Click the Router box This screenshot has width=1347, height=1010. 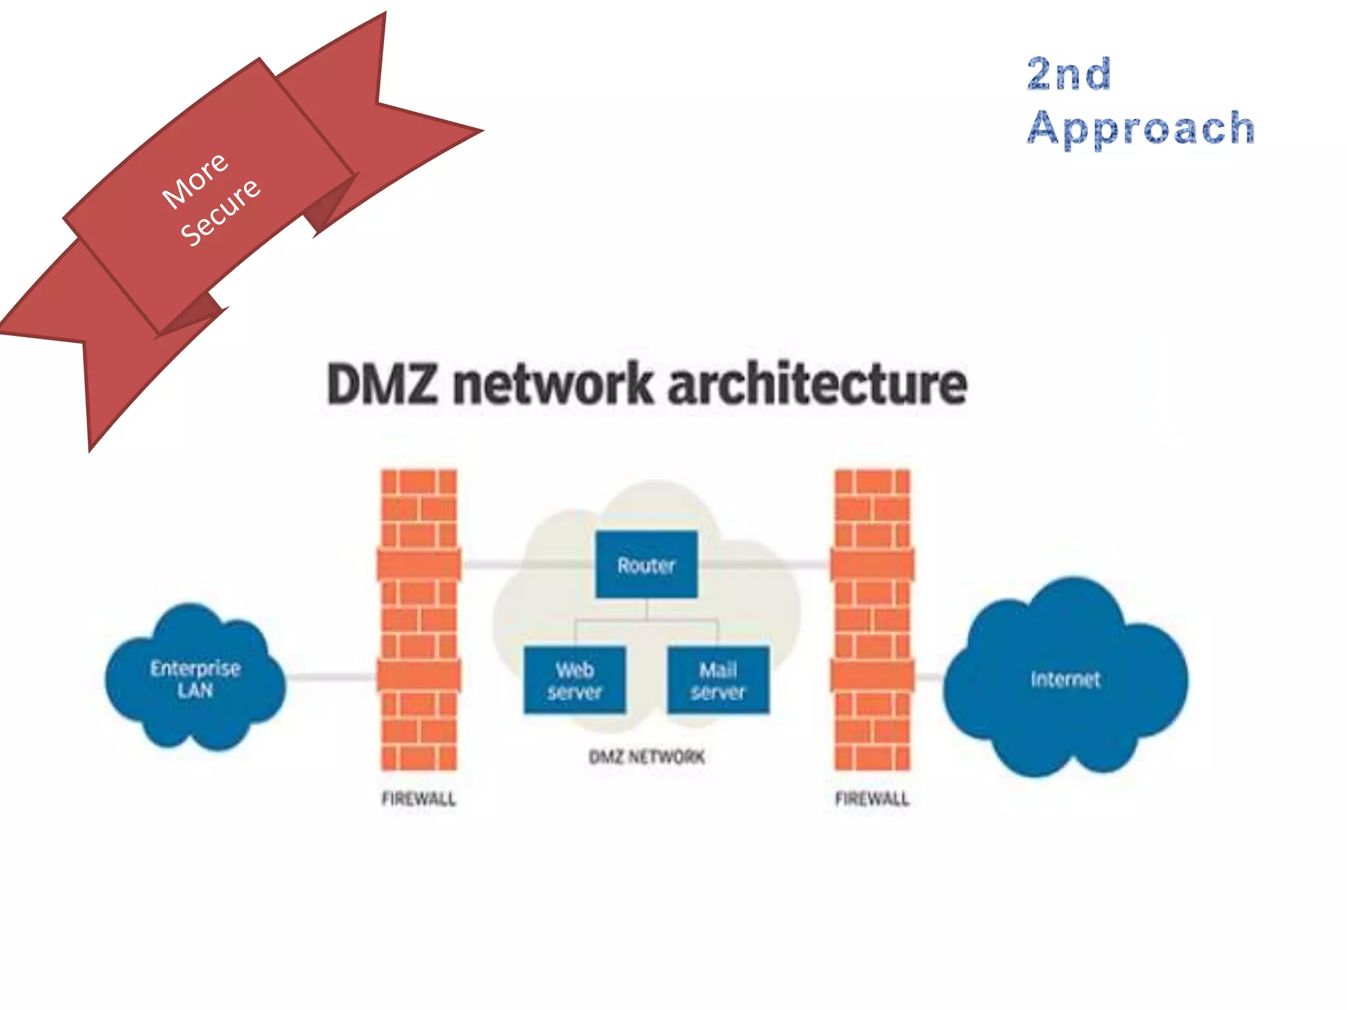(646, 565)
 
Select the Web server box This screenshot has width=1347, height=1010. (574, 681)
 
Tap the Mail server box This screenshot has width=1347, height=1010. (718, 681)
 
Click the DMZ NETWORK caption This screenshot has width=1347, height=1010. (647, 757)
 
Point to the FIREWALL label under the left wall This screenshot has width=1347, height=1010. (418, 799)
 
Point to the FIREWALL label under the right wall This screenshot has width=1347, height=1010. (872, 799)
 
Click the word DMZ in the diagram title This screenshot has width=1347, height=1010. (381, 385)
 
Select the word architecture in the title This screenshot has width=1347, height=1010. (817, 385)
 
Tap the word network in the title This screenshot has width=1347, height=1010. (552, 385)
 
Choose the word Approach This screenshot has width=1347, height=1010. (1141, 128)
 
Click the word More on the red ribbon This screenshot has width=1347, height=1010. (195, 180)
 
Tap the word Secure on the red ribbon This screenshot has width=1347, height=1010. (221, 212)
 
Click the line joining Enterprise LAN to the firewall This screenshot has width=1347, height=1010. (331, 677)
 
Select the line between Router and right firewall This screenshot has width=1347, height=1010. (763, 564)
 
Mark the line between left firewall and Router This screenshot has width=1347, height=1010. (526, 564)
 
